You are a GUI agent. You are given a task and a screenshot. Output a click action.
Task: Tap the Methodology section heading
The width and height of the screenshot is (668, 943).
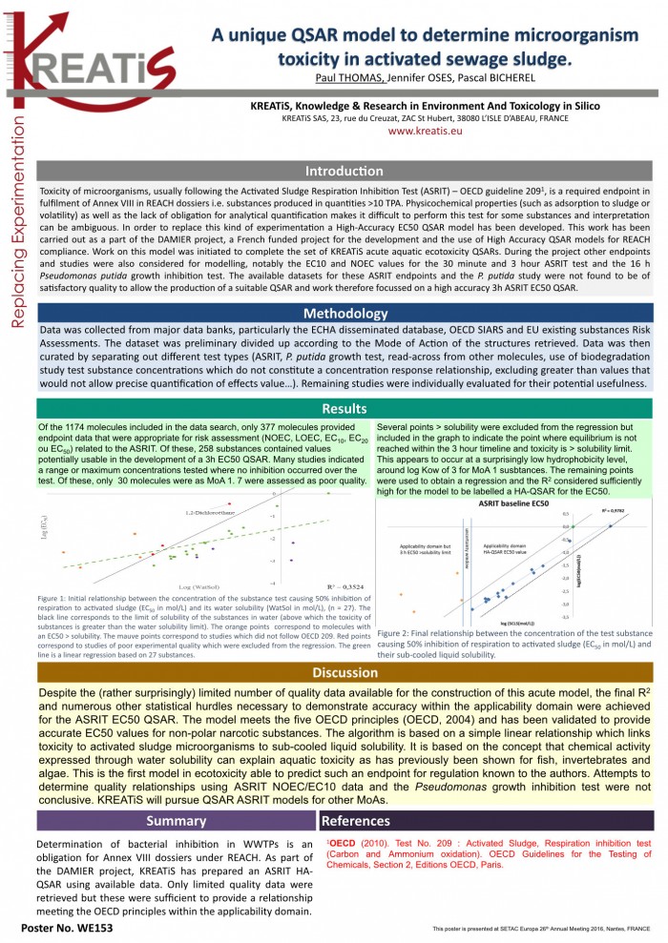[x=344, y=313]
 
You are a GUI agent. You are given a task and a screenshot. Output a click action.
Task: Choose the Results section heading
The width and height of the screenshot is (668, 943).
[x=344, y=409]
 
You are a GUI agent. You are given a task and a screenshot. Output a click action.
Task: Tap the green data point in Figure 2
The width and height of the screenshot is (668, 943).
[x=573, y=525]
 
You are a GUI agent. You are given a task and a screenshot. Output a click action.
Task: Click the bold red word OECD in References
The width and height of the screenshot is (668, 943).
[x=342, y=844]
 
